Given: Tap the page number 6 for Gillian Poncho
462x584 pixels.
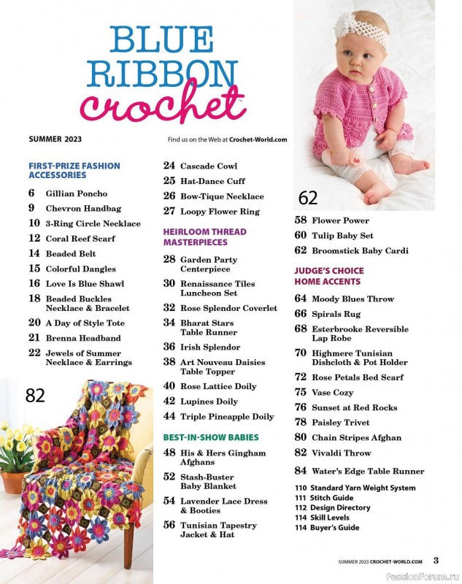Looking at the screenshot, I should (x=31, y=193).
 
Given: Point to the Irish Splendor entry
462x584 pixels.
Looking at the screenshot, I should (x=210, y=347).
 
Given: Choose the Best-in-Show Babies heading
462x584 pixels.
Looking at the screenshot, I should (x=211, y=437).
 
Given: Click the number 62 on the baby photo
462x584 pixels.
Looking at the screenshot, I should (x=308, y=197).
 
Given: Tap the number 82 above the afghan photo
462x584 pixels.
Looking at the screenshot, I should (x=35, y=396).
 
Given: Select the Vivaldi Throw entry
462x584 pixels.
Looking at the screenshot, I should (x=342, y=453).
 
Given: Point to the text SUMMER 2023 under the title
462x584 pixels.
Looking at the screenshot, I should (x=55, y=139).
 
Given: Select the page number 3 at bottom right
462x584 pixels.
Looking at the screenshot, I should (x=436, y=561).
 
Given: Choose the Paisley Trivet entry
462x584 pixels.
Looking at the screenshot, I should (x=340, y=423).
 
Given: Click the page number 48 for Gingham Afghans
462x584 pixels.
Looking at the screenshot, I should (x=169, y=453).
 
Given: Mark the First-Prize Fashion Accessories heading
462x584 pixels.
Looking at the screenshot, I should (x=74, y=171).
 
